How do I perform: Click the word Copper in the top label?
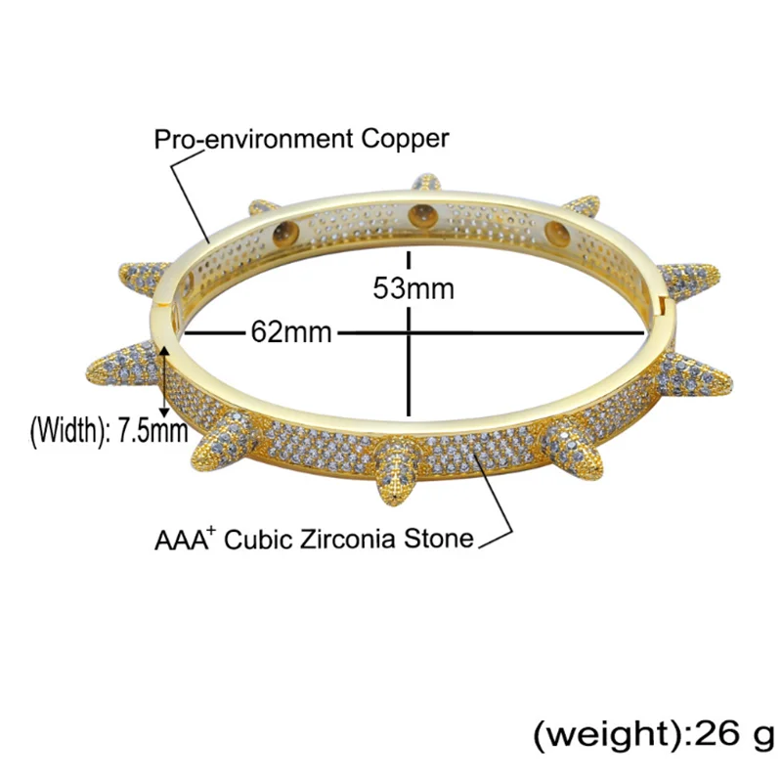405,139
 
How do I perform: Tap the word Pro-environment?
253,139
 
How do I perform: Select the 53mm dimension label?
413,288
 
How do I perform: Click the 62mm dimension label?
291,331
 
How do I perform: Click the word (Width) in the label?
66,430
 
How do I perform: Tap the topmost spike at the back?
426,182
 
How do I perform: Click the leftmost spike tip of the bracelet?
89,372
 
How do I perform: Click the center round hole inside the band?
423,215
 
